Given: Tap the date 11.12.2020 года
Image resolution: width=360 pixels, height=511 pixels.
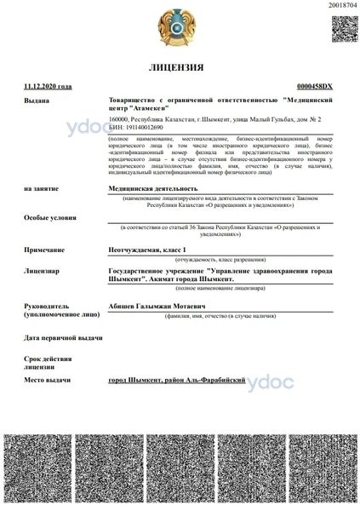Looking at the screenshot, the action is pyautogui.click(x=48, y=86).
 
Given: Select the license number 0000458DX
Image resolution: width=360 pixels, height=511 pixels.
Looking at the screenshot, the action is pyautogui.click(x=314, y=87).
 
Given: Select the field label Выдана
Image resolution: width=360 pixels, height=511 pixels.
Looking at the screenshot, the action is pyautogui.click(x=37, y=100).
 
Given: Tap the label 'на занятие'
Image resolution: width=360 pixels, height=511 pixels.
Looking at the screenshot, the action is pyautogui.click(x=41, y=188).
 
